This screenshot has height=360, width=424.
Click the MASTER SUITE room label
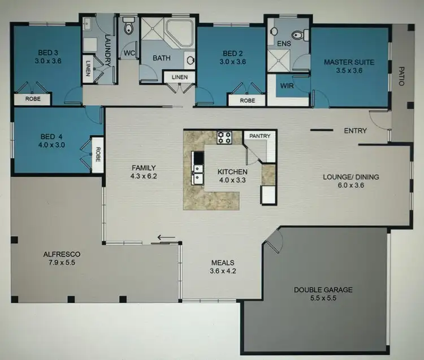coord(349,62)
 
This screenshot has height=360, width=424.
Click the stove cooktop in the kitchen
coord(224,137)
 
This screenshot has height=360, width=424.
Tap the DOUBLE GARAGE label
coord(323,290)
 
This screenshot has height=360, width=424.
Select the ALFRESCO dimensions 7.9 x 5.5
coord(59,263)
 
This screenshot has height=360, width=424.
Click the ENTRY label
coord(355,131)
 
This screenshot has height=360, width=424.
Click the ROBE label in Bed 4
coord(97,154)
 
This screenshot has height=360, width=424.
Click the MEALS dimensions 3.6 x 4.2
coord(223,271)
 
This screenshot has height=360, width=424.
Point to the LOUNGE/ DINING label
coord(351,177)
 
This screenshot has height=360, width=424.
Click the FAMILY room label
coord(142,168)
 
